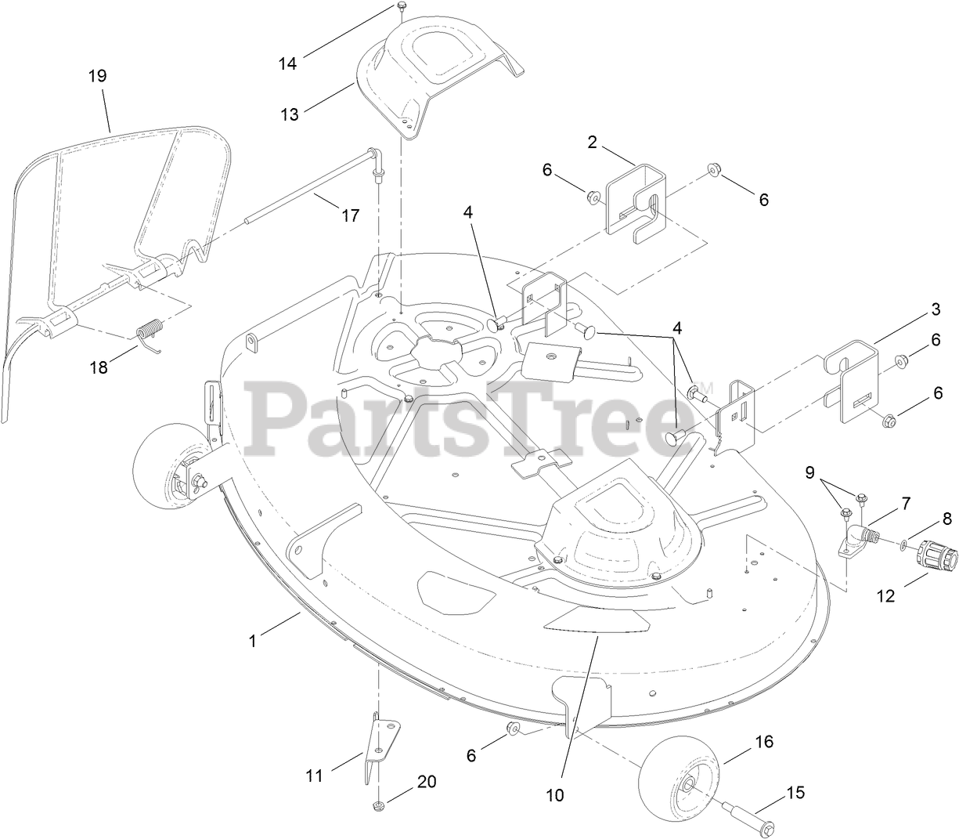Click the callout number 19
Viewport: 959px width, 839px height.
(97, 76)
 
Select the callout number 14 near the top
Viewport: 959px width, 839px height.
(288, 63)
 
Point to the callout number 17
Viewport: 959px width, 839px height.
(351, 215)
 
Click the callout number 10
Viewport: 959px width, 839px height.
(555, 794)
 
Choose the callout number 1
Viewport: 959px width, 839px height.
(252, 640)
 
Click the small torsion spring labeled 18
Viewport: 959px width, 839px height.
(151, 332)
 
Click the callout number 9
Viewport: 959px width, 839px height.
(809, 472)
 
